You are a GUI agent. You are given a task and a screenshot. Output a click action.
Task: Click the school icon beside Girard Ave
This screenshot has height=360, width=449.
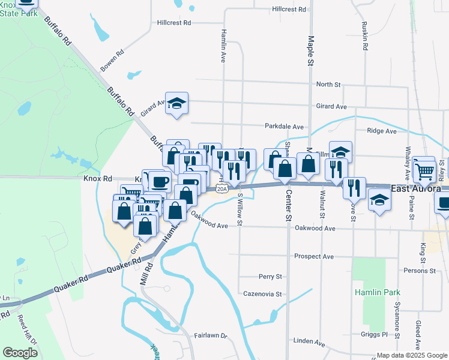click(x=177, y=103)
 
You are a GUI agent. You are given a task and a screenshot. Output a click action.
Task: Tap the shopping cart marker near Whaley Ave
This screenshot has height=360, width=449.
click(x=424, y=170)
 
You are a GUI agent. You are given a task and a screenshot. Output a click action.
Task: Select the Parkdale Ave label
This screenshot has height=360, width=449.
click(x=285, y=127)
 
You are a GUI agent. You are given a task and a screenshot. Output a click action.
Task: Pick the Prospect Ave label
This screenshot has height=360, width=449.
click(x=313, y=256)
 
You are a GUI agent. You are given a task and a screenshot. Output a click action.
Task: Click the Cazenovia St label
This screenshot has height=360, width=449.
click(x=262, y=294)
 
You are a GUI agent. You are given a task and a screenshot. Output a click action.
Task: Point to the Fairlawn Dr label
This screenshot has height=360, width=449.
click(x=211, y=336)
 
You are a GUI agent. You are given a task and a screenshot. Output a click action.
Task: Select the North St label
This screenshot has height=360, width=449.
click(x=328, y=85)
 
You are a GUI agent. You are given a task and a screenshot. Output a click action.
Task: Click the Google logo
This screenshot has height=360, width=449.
click(x=20, y=352)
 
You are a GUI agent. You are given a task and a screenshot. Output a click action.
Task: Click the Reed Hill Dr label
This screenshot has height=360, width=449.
click(x=28, y=330)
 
